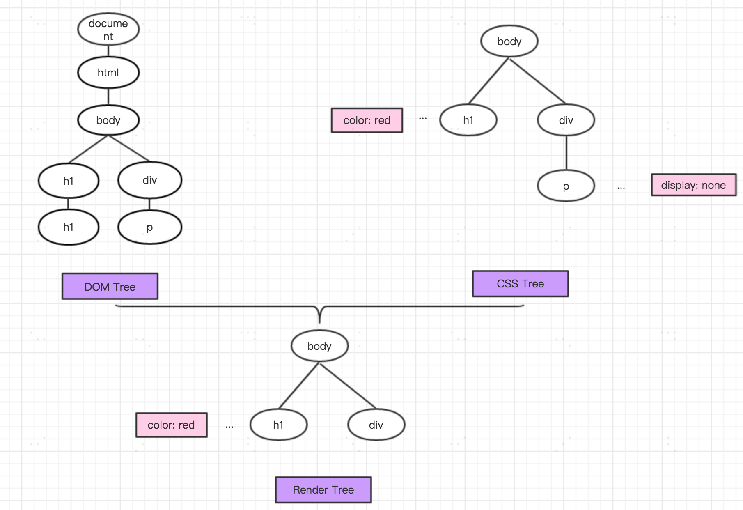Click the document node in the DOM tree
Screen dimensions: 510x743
click(108, 30)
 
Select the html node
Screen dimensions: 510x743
click(108, 73)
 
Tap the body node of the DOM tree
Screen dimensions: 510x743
click(108, 120)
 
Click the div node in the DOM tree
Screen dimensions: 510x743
click(150, 180)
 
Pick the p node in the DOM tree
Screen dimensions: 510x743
click(150, 227)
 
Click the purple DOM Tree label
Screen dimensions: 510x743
click(110, 287)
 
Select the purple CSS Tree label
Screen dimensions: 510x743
click(521, 284)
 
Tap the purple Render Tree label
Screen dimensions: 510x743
click(323, 490)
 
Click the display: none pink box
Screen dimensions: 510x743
click(694, 185)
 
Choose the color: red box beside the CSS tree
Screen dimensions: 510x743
click(367, 120)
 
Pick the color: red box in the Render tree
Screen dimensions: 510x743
click(172, 425)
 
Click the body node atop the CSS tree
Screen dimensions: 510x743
click(509, 41)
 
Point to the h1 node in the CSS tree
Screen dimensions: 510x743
click(468, 120)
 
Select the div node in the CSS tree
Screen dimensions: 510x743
click(566, 120)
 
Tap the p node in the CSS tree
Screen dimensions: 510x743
click(566, 186)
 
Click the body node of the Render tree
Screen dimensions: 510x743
click(320, 346)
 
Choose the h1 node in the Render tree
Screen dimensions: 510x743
click(279, 425)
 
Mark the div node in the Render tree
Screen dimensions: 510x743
click(376, 425)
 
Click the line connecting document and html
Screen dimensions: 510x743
click(108, 51)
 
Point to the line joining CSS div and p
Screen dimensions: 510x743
click(566, 153)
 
